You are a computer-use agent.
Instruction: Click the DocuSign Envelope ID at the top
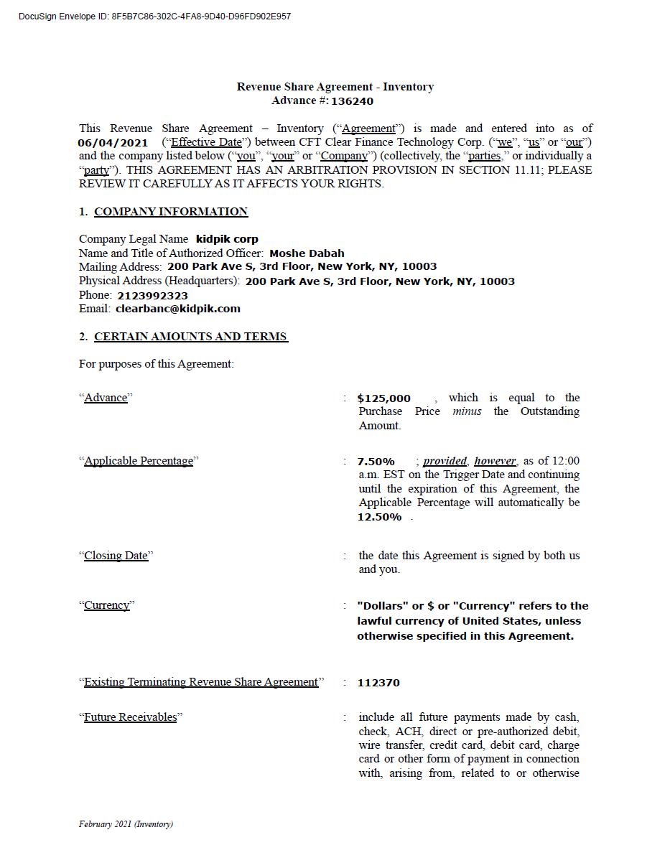[x=154, y=17]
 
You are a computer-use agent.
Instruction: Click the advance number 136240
[x=352, y=101]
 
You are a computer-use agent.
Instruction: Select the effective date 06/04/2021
[x=113, y=142]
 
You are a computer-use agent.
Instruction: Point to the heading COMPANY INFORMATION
[x=171, y=211]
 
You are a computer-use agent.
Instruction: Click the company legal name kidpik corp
[x=227, y=239]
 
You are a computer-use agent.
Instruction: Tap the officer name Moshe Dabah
[x=307, y=253]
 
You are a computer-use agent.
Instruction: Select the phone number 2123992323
[x=152, y=295]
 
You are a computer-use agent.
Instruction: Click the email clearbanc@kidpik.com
[x=177, y=309]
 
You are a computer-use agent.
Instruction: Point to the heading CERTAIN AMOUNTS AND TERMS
[x=191, y=336]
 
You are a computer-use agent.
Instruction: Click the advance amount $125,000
[x=384, y=398]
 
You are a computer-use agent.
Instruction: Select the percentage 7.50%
[x=376, y=461]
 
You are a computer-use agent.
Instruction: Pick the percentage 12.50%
[x=379, y=517]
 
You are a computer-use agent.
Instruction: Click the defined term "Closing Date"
[x=116, y=556]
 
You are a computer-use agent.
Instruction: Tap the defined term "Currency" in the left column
[x=107, y=605]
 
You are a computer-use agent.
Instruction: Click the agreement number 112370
[x=378, y=683]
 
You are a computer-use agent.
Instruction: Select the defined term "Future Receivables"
[x=130, y=717]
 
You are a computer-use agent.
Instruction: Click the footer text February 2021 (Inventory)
[x=126, y=824]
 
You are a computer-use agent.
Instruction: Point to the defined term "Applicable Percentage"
[x=139, y=461]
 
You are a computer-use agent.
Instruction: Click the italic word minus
[x=467, y=411]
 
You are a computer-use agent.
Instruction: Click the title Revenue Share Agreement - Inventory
[x=335, y=87]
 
